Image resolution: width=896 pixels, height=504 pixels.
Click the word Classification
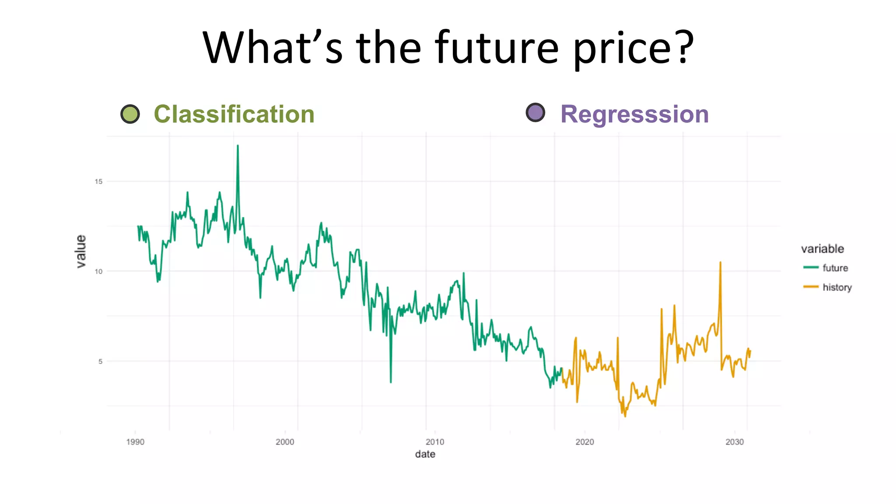point(234,115)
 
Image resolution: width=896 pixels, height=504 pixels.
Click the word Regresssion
point(634,115)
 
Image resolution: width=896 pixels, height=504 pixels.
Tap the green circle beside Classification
point(130,114)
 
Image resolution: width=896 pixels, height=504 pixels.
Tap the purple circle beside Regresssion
point(535,113)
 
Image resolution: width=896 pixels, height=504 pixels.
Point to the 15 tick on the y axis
point(98,182)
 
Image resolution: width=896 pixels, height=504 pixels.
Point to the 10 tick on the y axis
point(98,271)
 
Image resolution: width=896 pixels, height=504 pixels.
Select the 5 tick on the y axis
point(100,361)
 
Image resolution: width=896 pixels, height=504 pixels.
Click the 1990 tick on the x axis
point(135,442)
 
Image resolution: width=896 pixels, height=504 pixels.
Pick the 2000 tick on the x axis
point(285,442)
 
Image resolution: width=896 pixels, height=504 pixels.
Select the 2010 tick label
point(435,442)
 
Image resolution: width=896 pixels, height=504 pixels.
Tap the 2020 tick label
point(584,442)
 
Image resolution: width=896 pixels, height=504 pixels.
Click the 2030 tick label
point(735,442)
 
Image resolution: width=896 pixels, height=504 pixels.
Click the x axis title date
point(425,454)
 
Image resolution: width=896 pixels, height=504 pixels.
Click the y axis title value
point(81,251)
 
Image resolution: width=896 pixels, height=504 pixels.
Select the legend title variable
point(822,249)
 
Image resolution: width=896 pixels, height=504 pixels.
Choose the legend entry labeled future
point(835,268)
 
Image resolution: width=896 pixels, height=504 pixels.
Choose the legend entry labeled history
point(837,287)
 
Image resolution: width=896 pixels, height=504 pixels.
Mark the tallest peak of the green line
point(238,146)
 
